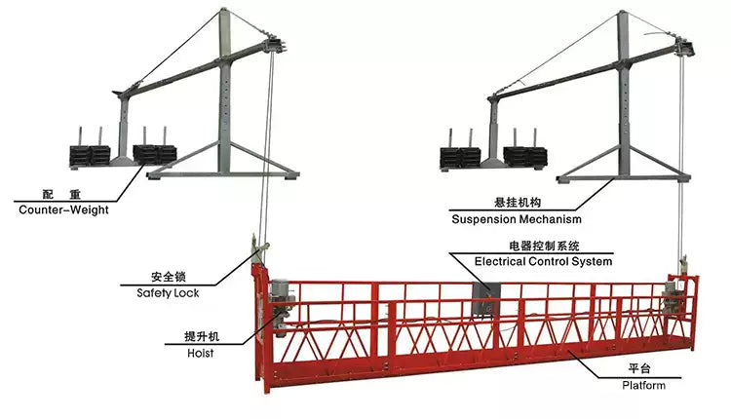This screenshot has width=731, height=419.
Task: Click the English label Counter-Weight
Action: (63, 209)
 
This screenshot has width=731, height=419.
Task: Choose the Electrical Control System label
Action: (543, 261)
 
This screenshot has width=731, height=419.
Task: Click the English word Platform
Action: (644, 385)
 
